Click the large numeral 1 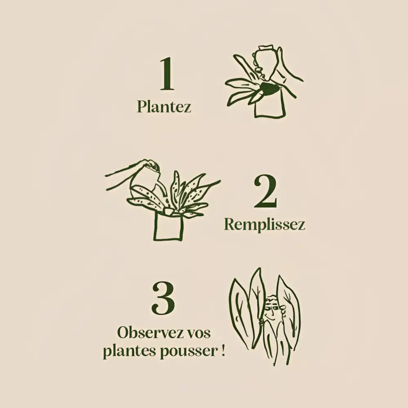[167, 74]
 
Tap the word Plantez [164, 106]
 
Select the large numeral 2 [265, 192]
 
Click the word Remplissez [264, 224]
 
